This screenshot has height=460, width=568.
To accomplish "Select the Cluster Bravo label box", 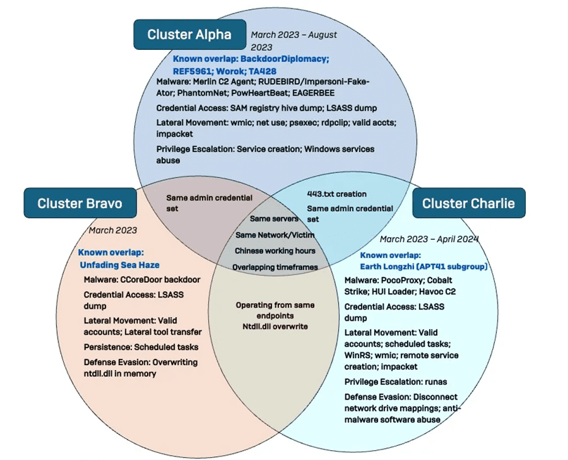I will click(79, 203).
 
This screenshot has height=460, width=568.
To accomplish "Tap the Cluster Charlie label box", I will click(468, 203).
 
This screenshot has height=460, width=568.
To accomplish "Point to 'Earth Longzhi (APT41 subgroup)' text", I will click(423, 266).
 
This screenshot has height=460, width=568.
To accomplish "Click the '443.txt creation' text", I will click(337, 193).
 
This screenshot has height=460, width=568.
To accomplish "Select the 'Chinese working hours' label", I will click(275, 250).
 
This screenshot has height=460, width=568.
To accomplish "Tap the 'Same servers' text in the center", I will click(275, 219).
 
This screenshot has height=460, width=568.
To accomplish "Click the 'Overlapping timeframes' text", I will click(275, 267).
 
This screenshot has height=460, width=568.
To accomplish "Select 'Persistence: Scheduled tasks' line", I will click(141, 347).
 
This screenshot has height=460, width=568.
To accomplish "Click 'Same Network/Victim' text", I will click(275, 234).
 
